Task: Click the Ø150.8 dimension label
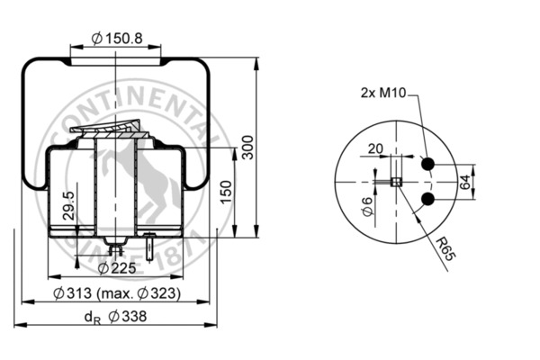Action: pos(117,39)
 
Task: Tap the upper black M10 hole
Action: pos(428,163)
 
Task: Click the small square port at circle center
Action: pos(394,182)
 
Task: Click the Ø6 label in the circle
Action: pos(366,211)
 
